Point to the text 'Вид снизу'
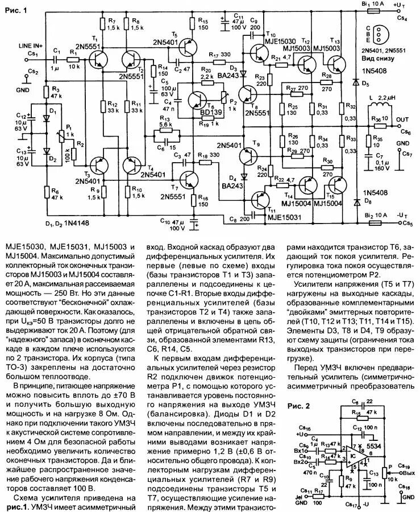pyautogui.click(x=376, y=59)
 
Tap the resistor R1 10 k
pyautogui.click(x=73, y=59)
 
